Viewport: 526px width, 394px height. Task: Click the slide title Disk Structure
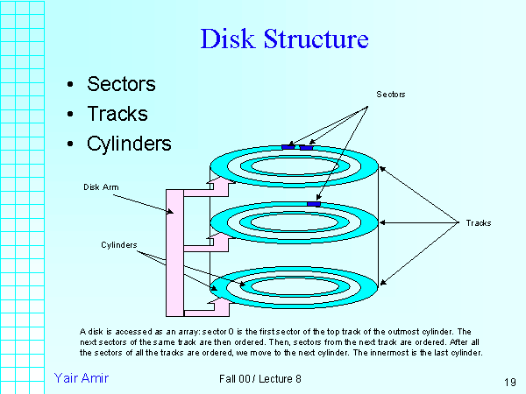point(284,39)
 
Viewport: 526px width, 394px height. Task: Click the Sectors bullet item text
point(121,84)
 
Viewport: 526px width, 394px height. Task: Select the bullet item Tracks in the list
point(117,114)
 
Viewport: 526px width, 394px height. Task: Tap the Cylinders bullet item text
point(129,144)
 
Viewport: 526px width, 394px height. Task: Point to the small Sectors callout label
point(391,93)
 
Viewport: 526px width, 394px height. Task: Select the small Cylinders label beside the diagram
point(118,244)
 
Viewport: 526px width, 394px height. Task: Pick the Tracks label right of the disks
point(478,223)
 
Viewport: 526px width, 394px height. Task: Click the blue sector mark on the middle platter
point(313,204)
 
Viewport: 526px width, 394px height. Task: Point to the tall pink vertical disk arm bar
point(173,254)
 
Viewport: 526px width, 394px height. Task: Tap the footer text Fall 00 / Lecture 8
point(260,378)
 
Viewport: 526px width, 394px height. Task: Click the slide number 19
point(509,383)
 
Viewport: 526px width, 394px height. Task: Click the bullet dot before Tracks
point(70,115)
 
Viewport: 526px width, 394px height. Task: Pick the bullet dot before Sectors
point(70,85)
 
